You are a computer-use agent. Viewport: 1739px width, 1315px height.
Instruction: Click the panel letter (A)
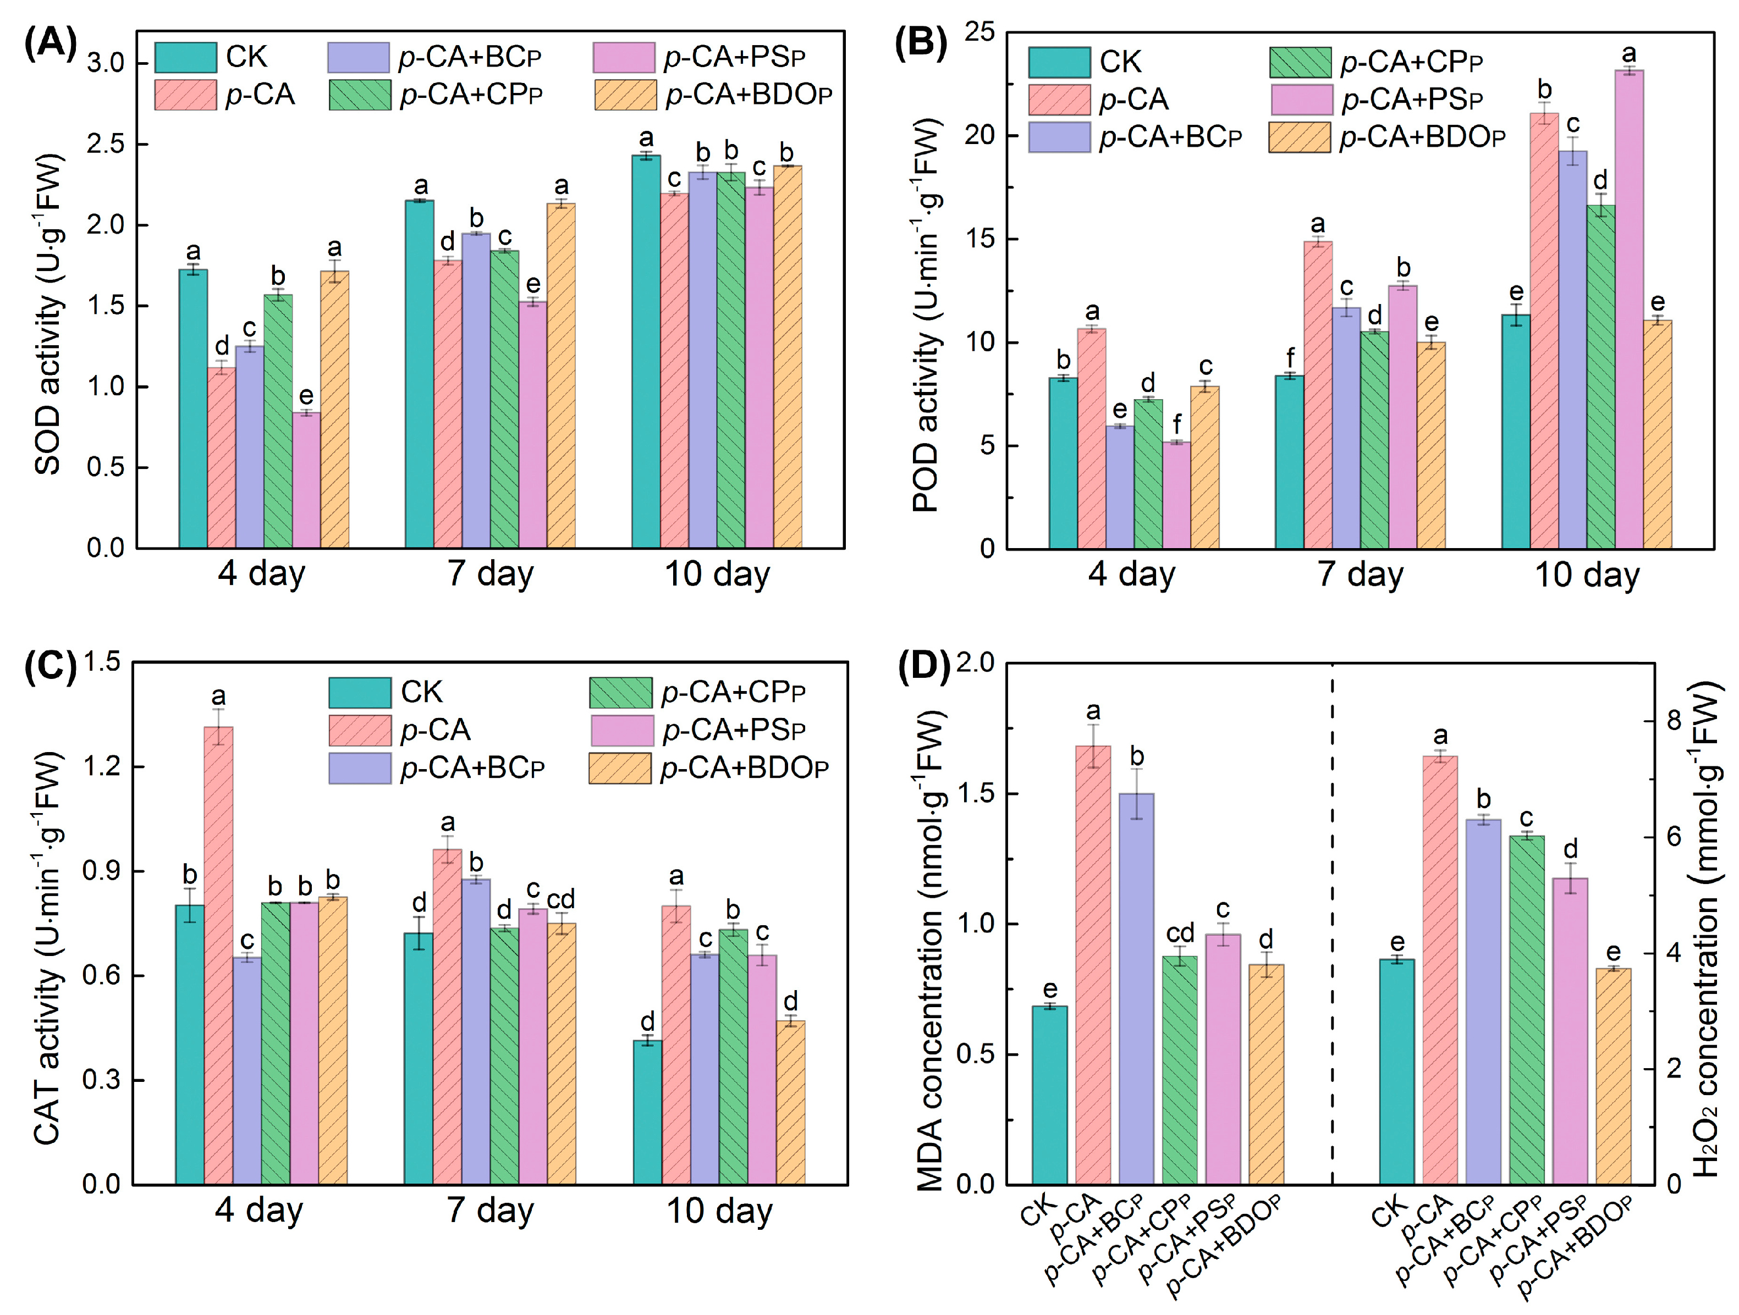click(50, 43)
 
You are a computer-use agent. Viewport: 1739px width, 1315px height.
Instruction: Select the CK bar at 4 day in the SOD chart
click(192, 408)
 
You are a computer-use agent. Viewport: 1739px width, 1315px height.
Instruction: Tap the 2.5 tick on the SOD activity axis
click(104, 145)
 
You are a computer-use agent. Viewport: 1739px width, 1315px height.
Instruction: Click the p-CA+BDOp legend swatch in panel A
click(625, 95)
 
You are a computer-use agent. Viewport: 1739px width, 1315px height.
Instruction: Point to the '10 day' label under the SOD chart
click(717, 574)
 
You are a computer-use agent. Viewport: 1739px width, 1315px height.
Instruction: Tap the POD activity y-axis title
click(927, 314)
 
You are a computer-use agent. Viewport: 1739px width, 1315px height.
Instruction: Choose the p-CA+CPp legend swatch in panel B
click(1300, 62)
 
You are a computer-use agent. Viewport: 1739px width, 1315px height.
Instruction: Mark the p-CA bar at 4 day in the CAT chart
click(218, 955)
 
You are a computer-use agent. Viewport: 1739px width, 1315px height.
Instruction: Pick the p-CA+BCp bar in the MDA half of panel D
click(1136, 988)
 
